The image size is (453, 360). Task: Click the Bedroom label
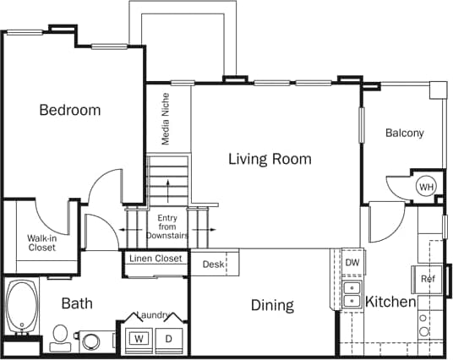point(70,110)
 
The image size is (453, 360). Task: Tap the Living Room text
point(270,159)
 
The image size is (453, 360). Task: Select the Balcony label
point(404,133)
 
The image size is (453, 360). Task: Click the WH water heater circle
point(426,187)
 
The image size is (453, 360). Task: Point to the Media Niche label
point(166,119)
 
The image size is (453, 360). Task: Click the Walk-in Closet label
point(41,243)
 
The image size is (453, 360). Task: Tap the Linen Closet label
point(156,259)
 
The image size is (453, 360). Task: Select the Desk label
point(213,265)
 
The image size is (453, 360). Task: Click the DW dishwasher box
point(352,263)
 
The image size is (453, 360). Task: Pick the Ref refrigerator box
point(428,279)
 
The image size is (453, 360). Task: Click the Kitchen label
point(390,302)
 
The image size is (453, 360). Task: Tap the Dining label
point(271,305)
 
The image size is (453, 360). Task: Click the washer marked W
point(137,339)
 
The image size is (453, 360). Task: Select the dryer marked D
point(167,339)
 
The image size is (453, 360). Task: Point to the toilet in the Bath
point(60,335)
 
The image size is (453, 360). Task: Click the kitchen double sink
point(351,292)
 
